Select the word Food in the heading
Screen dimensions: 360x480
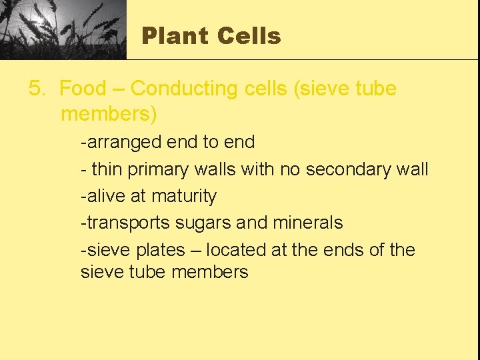(83, 89)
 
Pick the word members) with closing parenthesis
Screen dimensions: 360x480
(109, 114)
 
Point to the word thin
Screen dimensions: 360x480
(107, 169)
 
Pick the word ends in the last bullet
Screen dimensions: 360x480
(345, 250)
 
